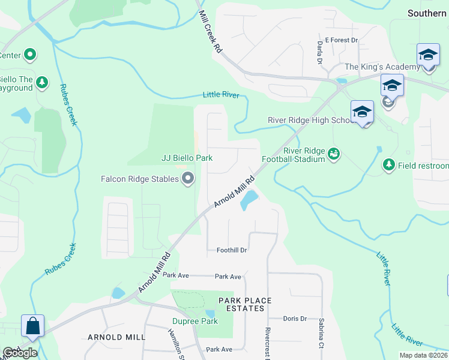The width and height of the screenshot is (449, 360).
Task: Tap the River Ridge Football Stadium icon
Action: coord(334,155)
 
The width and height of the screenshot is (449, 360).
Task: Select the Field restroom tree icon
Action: coord(389,164)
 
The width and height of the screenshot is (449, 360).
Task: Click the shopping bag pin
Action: coord(32,326)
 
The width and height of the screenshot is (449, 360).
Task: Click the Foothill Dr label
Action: coord(232,250)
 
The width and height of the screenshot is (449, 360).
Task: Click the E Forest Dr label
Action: coord(341,40)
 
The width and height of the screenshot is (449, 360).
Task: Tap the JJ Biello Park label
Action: coord(187,158)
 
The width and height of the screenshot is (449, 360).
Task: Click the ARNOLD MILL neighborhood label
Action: coord(116,337)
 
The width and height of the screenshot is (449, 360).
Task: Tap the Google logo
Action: coord(19,353)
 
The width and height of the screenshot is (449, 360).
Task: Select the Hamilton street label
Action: coord(175,344)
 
